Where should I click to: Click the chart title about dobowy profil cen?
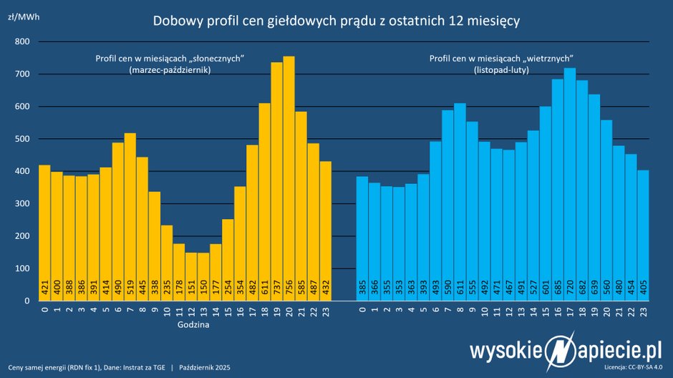click(x=336, y=21)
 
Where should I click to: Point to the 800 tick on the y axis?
click(x=21, y=42)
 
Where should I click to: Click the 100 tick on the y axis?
click(x=21, y=268)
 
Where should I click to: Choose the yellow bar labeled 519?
click(x=130, y=215)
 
